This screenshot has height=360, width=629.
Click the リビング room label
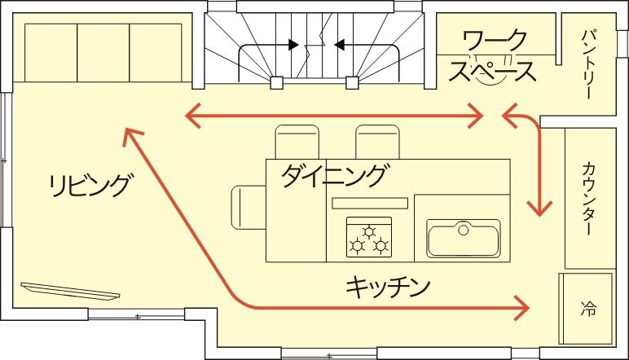(90, 185)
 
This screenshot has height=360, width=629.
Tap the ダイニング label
(334, 176)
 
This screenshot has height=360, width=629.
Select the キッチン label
(387, 286)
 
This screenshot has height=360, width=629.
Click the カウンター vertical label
(587, 198)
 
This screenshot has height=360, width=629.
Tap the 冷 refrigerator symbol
(588, 309)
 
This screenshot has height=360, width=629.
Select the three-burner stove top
(369, 236)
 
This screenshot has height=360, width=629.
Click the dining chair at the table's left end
(249, 207)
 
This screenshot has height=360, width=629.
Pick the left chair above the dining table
(297, 142)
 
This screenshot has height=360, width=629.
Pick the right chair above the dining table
(377, 142)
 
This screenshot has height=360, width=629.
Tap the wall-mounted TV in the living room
(71, 291)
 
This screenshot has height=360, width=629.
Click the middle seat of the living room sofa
(103, 53)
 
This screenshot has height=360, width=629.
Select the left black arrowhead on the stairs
(293, 45)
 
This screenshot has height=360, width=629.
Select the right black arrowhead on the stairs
(340, 45)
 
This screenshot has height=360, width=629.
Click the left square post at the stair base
(276, 82)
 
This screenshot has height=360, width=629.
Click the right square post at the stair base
(352, 82)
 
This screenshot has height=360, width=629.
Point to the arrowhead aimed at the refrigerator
(521, 308)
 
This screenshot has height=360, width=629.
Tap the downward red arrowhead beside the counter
(539, 209)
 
